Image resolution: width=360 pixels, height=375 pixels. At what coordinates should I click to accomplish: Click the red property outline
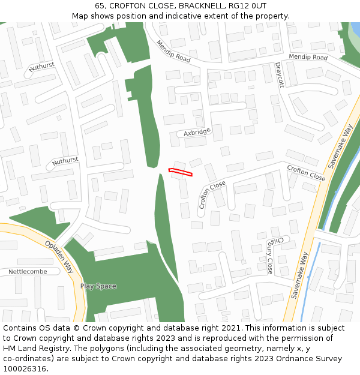click(x=181, y=173)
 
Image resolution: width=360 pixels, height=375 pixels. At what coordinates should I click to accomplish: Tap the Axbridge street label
click(x=197, y=132)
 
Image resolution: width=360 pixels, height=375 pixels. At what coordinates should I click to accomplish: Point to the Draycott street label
click(x=279, y=75)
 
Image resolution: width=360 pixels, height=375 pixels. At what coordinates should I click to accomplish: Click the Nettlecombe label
click(x=27, y=272)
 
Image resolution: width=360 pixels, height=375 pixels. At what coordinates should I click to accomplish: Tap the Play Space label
click(x=98, y=286)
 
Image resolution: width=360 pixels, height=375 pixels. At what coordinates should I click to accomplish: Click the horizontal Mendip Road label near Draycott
click(x=308, y=57)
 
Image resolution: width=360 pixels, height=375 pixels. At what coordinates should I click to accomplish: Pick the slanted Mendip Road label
click(x=173, y=52)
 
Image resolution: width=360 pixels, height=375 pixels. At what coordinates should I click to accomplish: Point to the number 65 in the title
click(x=100, y=6)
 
